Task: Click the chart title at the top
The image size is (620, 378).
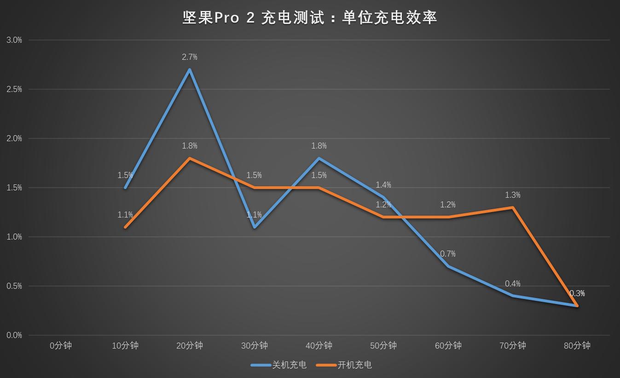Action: (310, 17)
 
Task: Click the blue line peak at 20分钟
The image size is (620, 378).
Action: (190, 69)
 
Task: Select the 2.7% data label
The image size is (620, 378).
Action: (190, 57)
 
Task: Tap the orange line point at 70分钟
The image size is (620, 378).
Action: (512, 207)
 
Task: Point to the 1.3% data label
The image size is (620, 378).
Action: (512, 195)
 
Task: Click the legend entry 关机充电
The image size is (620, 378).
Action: (289, 365)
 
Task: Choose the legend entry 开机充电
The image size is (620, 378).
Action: (355, 365)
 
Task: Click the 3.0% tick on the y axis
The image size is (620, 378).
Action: (14, 40)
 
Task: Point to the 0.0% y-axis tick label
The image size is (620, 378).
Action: (14, 335)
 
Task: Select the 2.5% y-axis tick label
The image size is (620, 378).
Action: (14, 89)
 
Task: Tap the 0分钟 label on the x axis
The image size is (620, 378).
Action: (61, 346)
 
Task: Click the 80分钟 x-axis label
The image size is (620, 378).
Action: (577, 346)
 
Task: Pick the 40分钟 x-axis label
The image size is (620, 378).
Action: (319, 346)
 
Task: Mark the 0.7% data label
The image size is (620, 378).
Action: (448, 254)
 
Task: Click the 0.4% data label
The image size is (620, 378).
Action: (512, 284)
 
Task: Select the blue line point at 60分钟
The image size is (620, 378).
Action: (448, 266)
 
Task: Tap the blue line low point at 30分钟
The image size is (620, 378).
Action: (254, 227)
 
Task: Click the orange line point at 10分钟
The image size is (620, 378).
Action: (125, 227)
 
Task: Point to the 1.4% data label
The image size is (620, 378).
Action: (383, 185)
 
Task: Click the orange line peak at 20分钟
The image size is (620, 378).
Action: (190, 158)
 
